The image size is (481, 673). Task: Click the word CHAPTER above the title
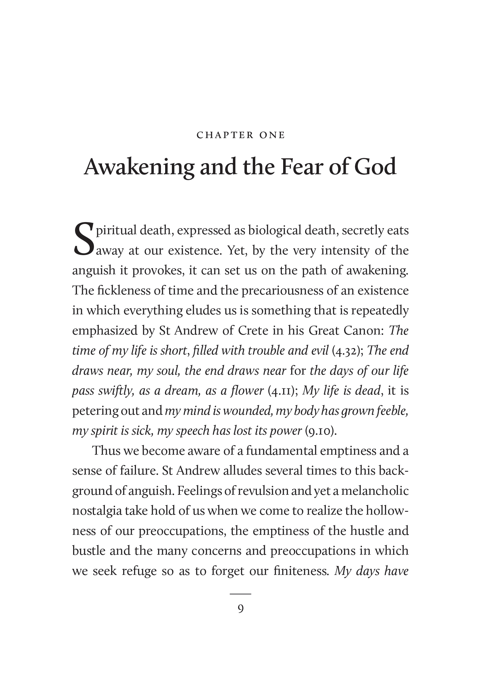[224, 135]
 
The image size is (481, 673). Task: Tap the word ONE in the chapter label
[272, 135]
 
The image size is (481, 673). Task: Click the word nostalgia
[97, 511]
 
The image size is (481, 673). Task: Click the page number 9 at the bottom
[240, 609]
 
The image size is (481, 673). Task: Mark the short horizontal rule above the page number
[240, 594]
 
